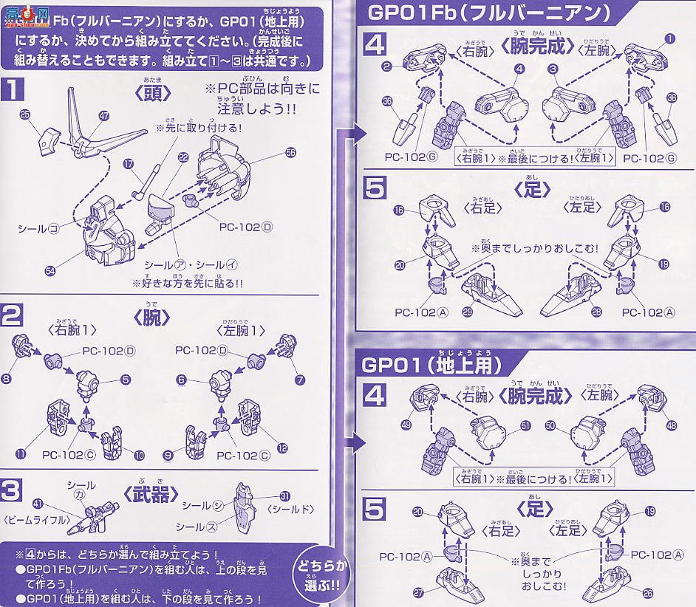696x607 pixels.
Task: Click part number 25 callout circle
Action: click(24, 114)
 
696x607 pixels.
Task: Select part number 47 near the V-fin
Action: click(103, 116)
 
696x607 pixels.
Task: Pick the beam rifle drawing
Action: click(85, 521)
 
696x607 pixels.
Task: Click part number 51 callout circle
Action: click(526, 425)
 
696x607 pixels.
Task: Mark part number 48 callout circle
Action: click(671, 425)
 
